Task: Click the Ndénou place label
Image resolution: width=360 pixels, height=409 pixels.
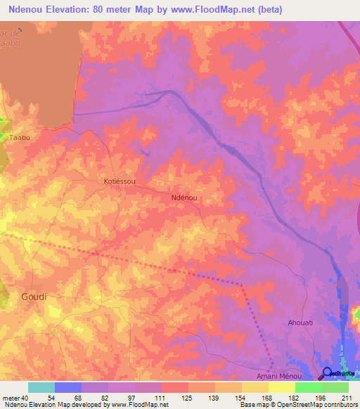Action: [x=184, y=198]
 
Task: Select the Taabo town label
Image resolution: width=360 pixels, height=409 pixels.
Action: [x=19, y=138]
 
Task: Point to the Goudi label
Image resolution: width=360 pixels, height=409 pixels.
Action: [x=34, y=297]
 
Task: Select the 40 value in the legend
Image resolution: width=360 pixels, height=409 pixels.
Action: [x=23, y=398]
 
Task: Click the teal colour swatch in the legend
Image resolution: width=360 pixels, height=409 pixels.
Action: [x=41, y=387]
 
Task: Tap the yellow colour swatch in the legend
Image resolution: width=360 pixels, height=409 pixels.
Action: [x=281, y=387]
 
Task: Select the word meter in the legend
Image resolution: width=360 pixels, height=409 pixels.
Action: [x=9, y=398]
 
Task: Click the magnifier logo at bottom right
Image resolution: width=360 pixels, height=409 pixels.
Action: [x=328, y=374]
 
